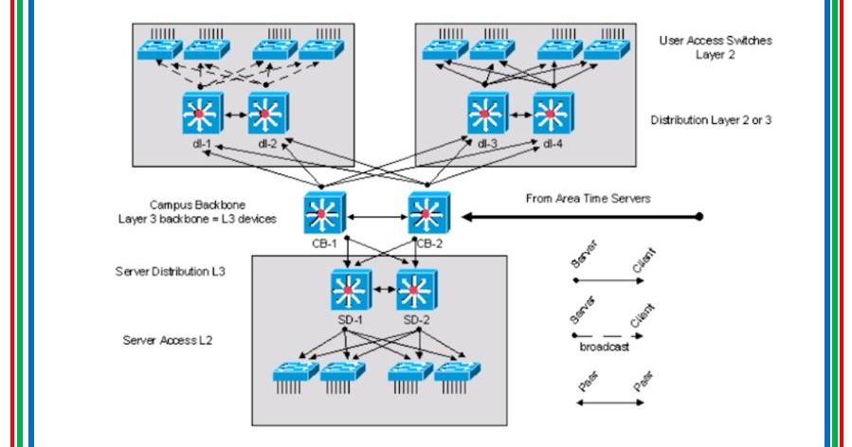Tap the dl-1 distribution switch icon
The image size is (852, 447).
(200, 115)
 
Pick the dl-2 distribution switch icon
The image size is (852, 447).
(266, 115)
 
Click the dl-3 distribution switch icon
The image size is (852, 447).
(485, 115)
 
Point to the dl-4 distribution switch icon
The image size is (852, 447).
(552, 115)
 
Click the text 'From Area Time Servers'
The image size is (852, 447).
(588, 199)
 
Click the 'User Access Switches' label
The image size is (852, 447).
(716, 41)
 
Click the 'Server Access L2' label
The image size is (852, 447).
(167, 338)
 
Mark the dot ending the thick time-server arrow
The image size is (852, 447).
(700, 217)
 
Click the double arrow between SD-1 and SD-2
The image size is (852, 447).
(384, 286)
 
